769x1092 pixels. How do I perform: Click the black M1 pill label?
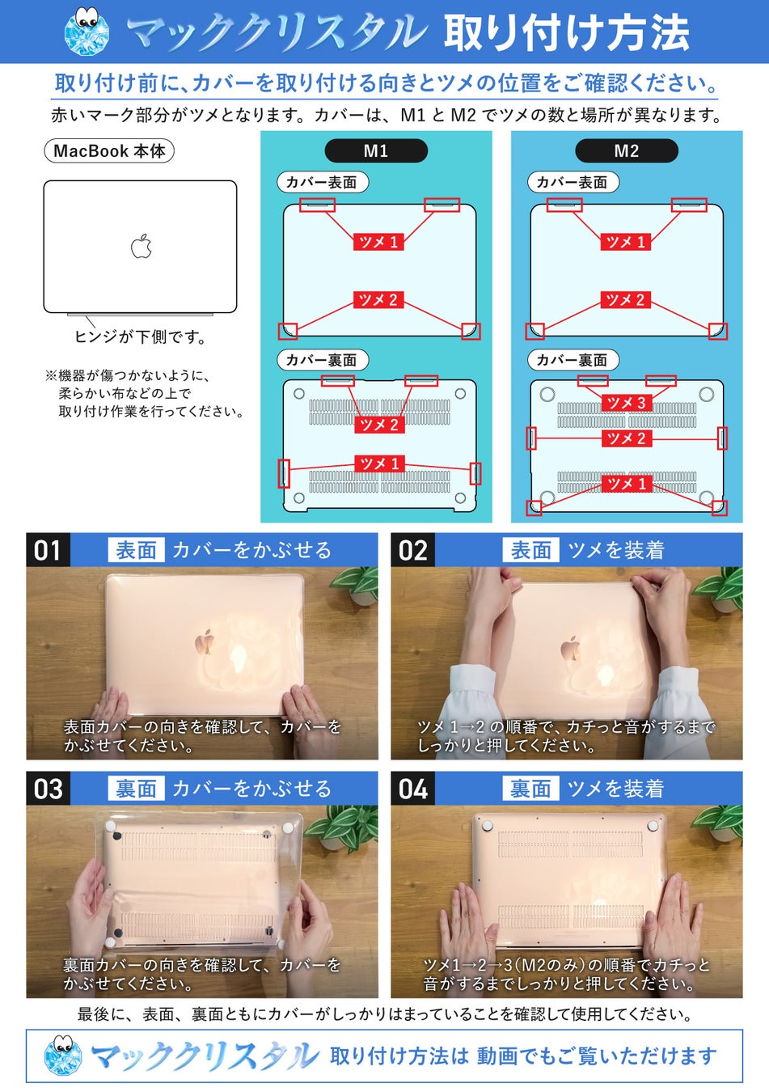pyautogui.click(x=376, y=150)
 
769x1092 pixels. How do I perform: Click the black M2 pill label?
pyautogui.click(x=627, y=150)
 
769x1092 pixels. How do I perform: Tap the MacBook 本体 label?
pyautogui.click(x=109, y=151)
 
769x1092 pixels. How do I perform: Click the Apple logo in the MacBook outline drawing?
pyautogui.click(x=142, y=246)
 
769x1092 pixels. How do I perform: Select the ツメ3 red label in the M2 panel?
pyautogui.click(x=626, y=403)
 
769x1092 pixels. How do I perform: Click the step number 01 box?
pyautogui.click(x=48, y=550)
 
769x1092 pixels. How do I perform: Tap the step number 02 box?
pyautogui.click(x=412, y=550)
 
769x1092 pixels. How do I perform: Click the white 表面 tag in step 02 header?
pyautogui.click(x=530, y=550)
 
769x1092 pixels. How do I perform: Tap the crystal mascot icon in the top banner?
pyautogui.click(x=87, y=32)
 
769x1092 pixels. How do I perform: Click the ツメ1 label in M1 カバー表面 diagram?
pyautogui.click(x=378, y=241)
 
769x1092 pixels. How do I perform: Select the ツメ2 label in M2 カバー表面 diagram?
pyautogui.click(x=626, y=299)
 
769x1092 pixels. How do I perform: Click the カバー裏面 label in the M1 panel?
pyautogui.click(x=322, y=360)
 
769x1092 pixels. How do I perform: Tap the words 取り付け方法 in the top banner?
pyautogui.click(x=566, y=33)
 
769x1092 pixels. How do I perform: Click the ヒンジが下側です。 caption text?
pyautogui.click(x=141, y=336)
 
